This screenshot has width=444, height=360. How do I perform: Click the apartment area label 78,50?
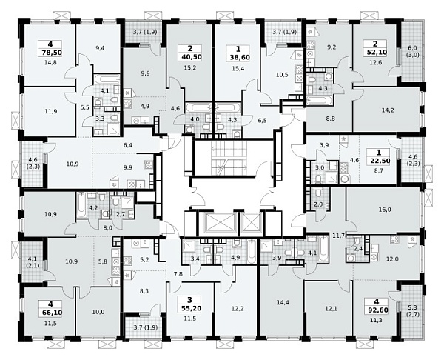coord(50,53)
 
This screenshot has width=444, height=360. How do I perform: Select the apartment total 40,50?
coord(190,56)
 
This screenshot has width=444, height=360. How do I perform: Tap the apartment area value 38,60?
coord(238,57)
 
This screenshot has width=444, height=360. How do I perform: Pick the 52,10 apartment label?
coord(375,52)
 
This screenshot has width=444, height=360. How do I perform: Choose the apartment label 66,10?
coord(50,313)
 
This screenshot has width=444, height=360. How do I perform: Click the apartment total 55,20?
coord(189,308)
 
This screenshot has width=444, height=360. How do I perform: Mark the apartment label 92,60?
coord(377,310)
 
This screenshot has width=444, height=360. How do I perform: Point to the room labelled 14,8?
coord(50,62)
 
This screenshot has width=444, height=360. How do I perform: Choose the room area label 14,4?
coord(283,302)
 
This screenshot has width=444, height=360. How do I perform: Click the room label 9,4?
coord(100,48)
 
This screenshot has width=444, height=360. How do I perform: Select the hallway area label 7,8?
coord(178,274)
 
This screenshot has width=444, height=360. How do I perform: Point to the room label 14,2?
coord(387,110)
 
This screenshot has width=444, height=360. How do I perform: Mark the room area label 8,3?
coord(144,290)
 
